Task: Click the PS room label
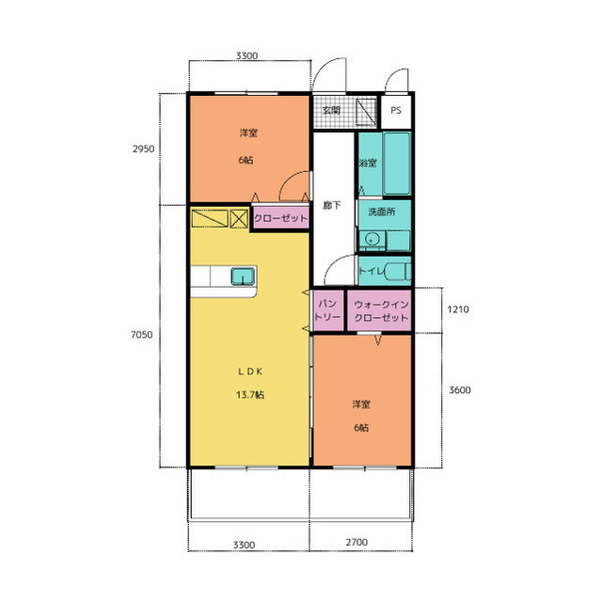[396, 111]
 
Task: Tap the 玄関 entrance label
[331, 111]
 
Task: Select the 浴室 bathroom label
[368, 163]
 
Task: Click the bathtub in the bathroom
[397, 164]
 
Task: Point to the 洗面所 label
[382, 212]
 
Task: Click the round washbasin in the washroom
[372, 240]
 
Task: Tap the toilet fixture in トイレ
[397, 271]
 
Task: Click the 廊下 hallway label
[332, 205]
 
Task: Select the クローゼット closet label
[281, 219]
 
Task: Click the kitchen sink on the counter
[243, 277]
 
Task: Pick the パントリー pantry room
[328, 310]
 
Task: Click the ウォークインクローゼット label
[381, 311]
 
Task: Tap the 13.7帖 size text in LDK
[250, 394]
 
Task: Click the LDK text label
[250, 372]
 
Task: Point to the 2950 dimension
[144, 149]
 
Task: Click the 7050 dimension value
[142, 335]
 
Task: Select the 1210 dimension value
[458, 309]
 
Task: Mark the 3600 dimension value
[460, 390]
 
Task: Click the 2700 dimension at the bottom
[356, 543]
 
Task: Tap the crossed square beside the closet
[239, 219]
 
